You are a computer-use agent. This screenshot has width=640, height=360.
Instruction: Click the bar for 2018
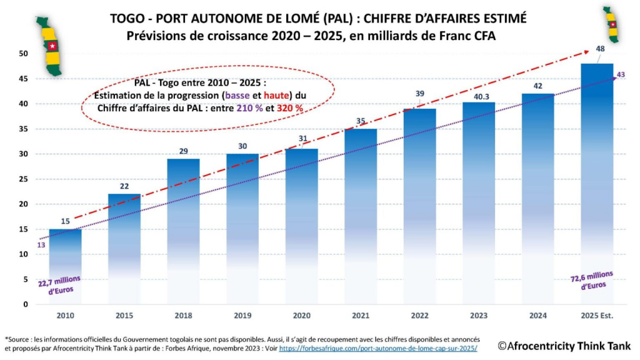183,231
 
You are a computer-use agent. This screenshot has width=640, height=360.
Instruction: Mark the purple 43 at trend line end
621,75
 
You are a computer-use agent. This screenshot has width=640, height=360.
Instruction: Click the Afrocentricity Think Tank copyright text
564,345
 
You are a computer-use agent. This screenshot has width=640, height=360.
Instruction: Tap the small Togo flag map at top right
612,24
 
